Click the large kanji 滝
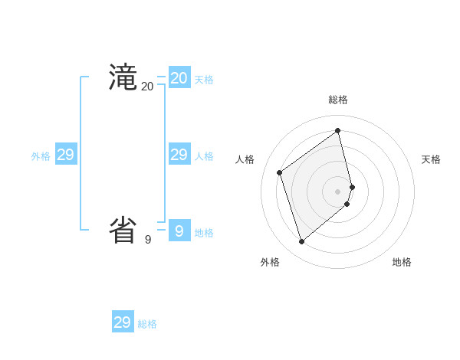(x=123, y=77)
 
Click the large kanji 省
(x=123, y=230)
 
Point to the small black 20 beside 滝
(x=148, y=87)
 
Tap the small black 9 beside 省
(x=148, y=240)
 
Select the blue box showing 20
(x=179, y=78)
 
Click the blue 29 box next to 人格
(x=179, y=155)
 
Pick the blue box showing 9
(x=179, y=231)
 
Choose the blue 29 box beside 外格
(x=66, y=155)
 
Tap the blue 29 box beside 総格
(x=123, y=322)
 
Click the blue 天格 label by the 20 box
(x=204, y=80)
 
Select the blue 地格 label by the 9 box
(x=204, y=233)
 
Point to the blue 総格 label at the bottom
(x=147, y=324)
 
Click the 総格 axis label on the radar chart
(x=338, y=100)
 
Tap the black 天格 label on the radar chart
(x=432, y=159)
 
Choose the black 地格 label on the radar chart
(x=402, y=262)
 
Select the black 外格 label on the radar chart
(x=270, y=262)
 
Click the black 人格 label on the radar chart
(x=245, y=159)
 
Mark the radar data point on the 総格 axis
(x=338, y=130)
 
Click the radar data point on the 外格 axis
(x=302, y=242)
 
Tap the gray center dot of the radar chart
(x=338, y=191)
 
